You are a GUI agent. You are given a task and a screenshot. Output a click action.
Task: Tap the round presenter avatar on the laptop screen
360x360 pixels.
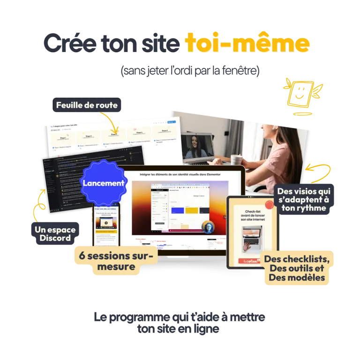pos(208,226)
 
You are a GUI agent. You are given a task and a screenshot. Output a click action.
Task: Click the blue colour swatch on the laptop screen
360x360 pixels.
pos(177,210)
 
